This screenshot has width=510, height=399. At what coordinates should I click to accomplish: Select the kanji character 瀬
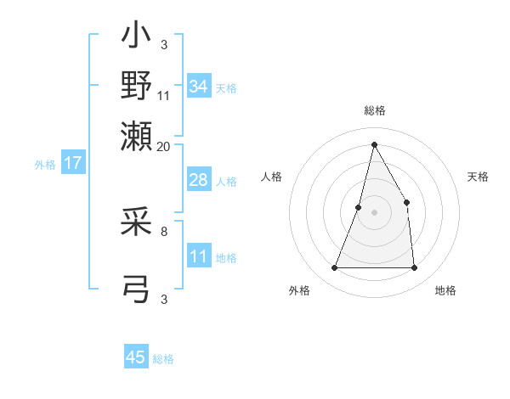[x=137, y=135]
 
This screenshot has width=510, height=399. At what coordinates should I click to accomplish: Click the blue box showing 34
[x=199, y=87]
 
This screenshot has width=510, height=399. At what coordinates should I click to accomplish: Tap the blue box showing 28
[x=199, y=181]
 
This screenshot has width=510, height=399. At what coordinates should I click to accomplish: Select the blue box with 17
[x=73, y=163]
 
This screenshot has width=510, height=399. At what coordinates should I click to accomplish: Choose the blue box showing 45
[x=136, y=357]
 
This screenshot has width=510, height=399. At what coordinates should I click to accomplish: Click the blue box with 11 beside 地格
[x=199, y=257]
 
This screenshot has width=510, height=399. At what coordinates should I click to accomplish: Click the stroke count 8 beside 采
[x=164, y=229]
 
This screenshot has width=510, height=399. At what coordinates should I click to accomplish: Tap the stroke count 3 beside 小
[x=164, y=44]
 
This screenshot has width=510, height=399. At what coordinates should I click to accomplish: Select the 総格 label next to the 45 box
[x=163, y=359]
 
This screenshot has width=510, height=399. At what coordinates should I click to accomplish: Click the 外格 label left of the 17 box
[x=45, y=165]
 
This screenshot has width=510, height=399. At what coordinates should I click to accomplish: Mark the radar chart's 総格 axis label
[x=375, y=111]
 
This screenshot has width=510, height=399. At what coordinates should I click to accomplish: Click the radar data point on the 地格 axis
[x=414, y=267]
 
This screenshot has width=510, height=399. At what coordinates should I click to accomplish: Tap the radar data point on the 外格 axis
[x=334, y=267]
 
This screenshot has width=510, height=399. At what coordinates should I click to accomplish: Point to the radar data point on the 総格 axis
[x=374, y=143]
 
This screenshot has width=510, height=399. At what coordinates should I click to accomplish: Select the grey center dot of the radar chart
[x=374, y=211]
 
